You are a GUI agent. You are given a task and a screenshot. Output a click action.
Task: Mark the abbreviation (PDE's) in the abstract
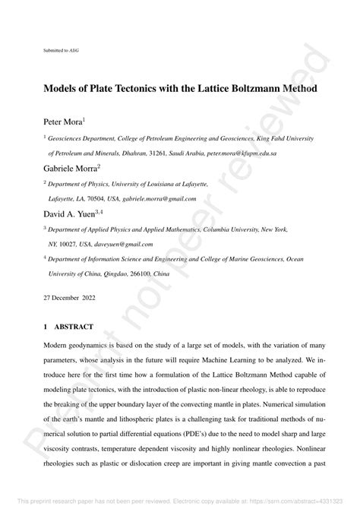coord(209,410)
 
